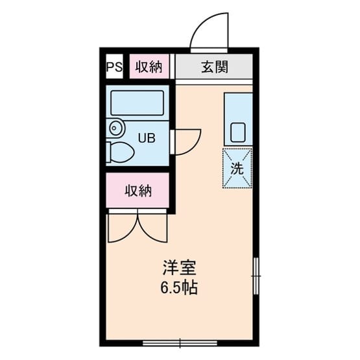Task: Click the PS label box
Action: [x=114, y=67]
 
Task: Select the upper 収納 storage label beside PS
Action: [x=149, y=67]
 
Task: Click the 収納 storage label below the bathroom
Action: [x=138, y=191]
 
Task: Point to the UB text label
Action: [x=146, y=138]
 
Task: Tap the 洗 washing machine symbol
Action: [x=237, y=167]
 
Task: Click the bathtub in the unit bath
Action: [x=138, y=103]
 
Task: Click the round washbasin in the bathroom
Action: [x=115, y=128]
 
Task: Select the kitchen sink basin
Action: [x=237, y=133]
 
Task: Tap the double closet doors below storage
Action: [x=138, y=227]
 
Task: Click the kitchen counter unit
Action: [x=237, y=119]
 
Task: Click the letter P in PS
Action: [x=110, y=67]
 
